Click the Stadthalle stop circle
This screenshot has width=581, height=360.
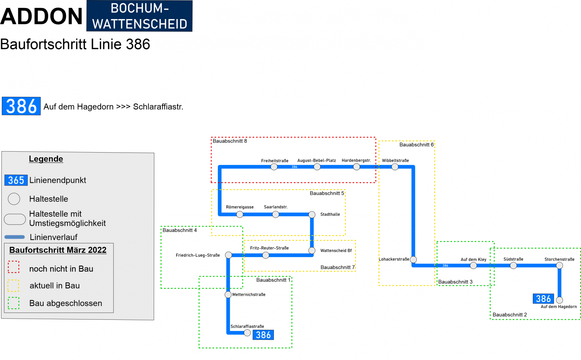pos(312,214)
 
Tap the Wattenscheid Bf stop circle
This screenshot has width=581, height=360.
pos(312,250)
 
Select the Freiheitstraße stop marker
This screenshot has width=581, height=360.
pos(274,167)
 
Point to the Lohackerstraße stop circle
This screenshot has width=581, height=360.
pos(413,259)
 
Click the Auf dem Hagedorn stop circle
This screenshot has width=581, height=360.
pos(560,300)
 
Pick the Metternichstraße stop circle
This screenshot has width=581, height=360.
pos(228,295)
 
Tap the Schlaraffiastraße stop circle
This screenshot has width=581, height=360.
pos(247,333)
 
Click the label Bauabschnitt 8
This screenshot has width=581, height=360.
pos(230,141)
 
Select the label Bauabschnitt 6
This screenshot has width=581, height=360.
pos(416,145)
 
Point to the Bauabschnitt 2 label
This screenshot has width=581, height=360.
pos(510,315)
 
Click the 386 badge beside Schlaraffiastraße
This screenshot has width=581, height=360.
pos(263,335)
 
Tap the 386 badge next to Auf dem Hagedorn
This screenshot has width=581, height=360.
pos(543,299)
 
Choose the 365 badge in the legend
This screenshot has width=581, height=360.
pos(16,180)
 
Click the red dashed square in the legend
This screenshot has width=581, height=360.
pos(14,267)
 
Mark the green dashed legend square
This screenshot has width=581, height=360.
pos(14,303)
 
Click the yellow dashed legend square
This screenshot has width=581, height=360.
pos(14,285)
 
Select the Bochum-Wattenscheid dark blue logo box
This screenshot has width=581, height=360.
pos(140,16)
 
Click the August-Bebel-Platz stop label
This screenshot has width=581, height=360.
pos(317,160)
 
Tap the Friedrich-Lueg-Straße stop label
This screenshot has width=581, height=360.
pos(198,255)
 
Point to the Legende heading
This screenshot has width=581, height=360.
pos(46,159)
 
